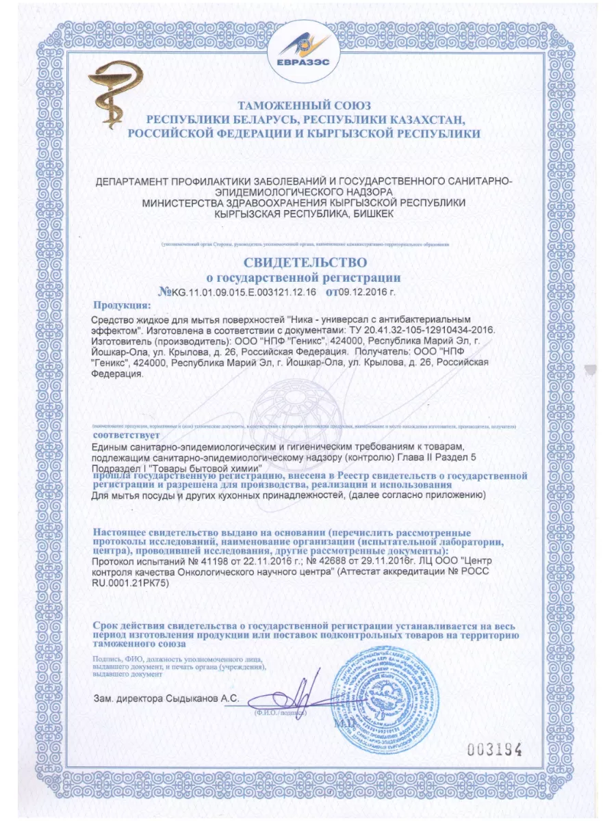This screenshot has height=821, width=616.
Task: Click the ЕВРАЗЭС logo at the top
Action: click(x=307, y=47)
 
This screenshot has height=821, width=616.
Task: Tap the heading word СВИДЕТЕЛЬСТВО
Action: click(x=305, y=262)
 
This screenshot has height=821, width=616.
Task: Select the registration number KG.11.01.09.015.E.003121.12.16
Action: click(x=243, y=291)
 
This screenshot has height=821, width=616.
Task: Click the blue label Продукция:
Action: click(x=121, y=305)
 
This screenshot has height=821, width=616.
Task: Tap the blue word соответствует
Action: click(x=126, y=434)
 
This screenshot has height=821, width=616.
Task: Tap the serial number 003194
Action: click(x=494, y=748)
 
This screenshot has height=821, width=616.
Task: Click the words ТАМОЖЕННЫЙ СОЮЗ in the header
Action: click(x=303, y=106)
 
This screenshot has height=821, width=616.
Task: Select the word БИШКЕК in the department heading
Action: click(x=370, y=214)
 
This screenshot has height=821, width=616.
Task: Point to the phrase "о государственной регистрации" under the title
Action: click(x=303, y=278)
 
